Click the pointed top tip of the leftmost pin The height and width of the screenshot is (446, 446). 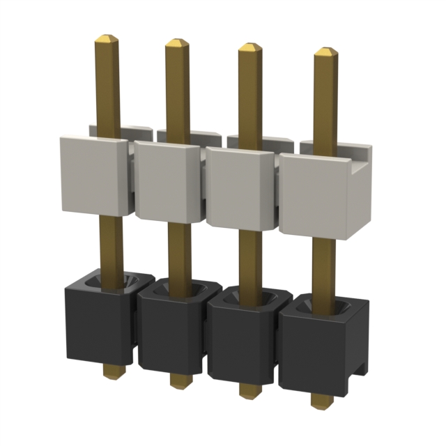point(106,38)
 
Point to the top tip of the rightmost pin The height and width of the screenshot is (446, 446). point(325,52)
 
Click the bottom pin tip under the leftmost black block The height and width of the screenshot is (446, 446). point(109,371)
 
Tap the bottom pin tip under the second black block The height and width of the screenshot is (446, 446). point(179,382)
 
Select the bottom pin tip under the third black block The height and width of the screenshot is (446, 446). point(248,392)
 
